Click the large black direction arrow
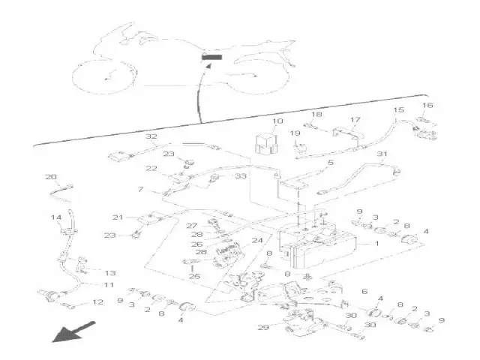point(73,332)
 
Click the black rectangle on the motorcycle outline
point(212,57)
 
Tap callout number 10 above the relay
point(277,121)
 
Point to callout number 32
point(151,136)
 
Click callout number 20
point(50,178)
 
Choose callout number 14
point(55,217)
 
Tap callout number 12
point(97,303)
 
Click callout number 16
point(427,106)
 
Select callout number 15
point(398,111)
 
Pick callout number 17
point(355,119)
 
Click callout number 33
point(240,176)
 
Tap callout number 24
point(257,241)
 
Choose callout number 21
point(118,217)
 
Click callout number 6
point(364,292)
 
